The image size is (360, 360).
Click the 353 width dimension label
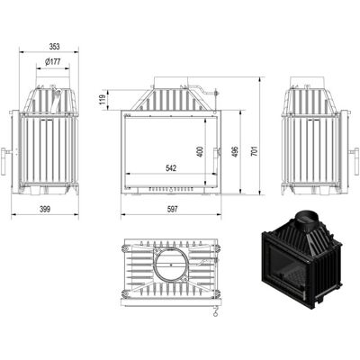tap(54, 47)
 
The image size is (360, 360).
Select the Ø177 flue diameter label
tap(53, 62)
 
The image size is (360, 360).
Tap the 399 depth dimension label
tap(45, 209)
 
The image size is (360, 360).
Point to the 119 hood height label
tap(103, 100)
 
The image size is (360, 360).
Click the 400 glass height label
tap(201, 151)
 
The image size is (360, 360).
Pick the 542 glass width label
tap(171, 168)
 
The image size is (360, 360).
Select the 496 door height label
tap(235, 151)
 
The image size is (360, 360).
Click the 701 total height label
tap(255, 151)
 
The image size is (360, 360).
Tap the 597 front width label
tap(172, 209)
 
